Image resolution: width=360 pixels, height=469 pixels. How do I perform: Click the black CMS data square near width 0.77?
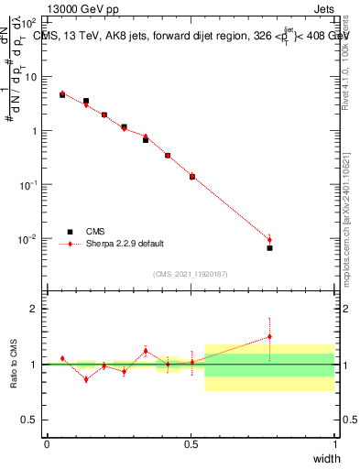click(x=269, y=248)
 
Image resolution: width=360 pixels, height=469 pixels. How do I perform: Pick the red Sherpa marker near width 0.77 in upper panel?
click(x=269, y=239)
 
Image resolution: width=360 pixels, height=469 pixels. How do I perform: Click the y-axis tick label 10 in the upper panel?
click(x=31, y=77)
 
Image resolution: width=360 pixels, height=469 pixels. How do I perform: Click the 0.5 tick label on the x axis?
click(x=191, y=445)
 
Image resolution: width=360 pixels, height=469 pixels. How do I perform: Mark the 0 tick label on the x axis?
click(x=47, y=445)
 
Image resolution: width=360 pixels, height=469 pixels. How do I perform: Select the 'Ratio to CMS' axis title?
click(x=14, y=364)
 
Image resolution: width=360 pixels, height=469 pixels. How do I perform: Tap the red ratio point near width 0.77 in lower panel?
click(x=269, y=336)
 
